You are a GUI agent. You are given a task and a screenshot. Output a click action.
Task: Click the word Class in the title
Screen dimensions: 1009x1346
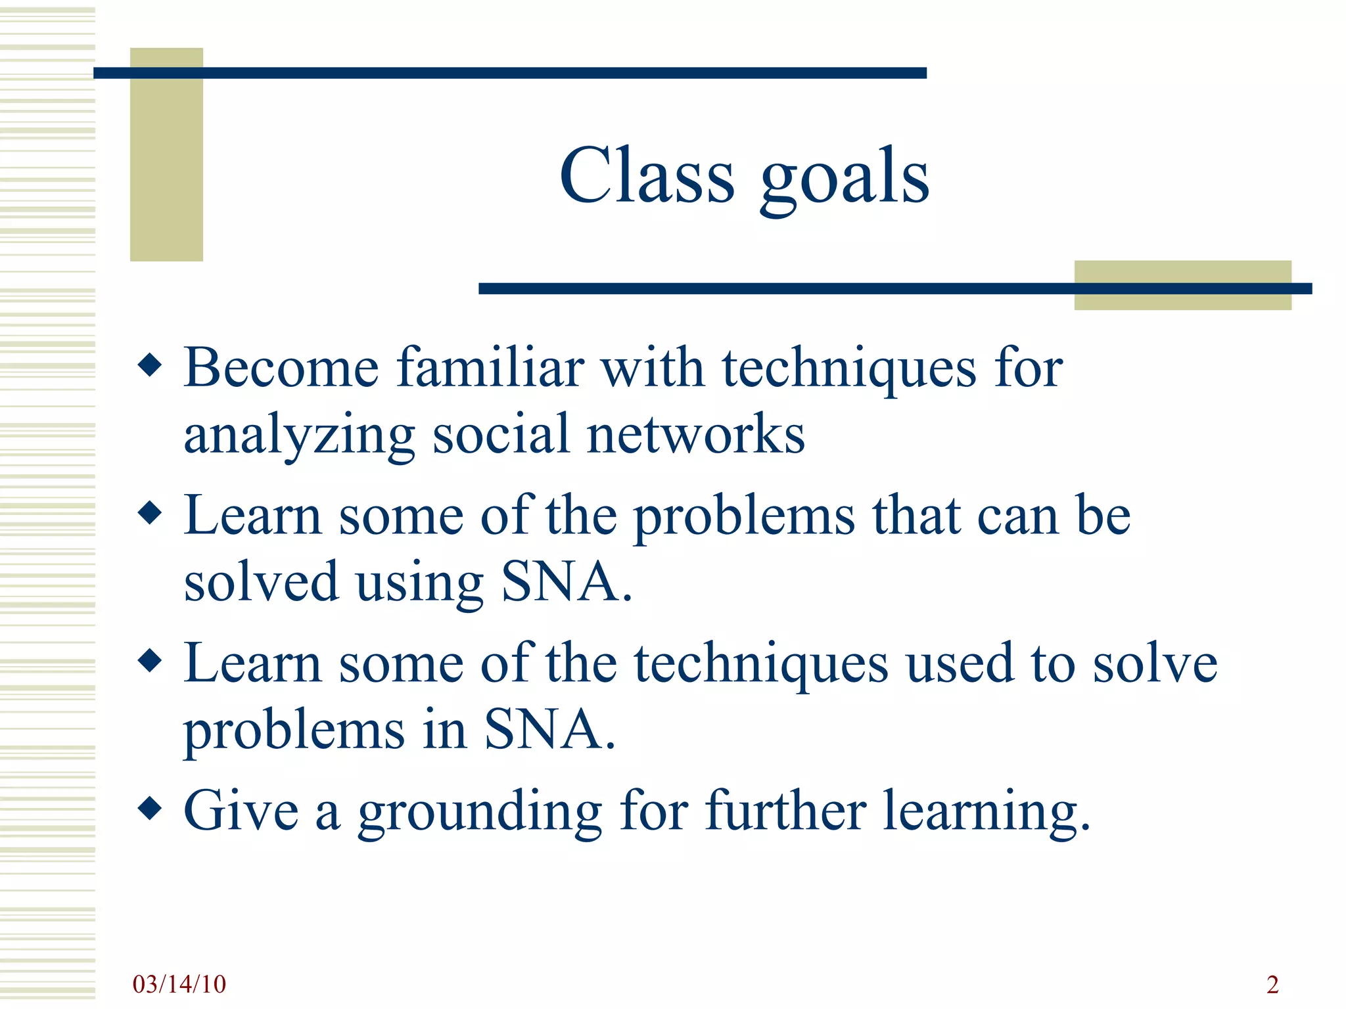(647, 176)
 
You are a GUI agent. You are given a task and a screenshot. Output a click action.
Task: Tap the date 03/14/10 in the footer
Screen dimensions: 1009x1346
(179, 984)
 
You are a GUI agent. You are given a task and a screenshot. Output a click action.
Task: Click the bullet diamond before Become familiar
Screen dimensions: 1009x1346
(151, 366)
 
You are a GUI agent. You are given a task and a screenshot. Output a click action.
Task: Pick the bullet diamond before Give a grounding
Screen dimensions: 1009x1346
(151, 809)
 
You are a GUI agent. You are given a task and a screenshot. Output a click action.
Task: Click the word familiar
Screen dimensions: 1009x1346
(490, 368)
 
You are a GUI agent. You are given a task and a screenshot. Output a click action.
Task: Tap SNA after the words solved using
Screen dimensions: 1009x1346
(560, 582)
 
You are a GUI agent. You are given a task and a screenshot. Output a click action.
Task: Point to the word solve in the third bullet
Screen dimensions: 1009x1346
(1155, 663)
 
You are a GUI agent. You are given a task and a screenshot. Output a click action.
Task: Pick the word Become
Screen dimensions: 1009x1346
(281, 368)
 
